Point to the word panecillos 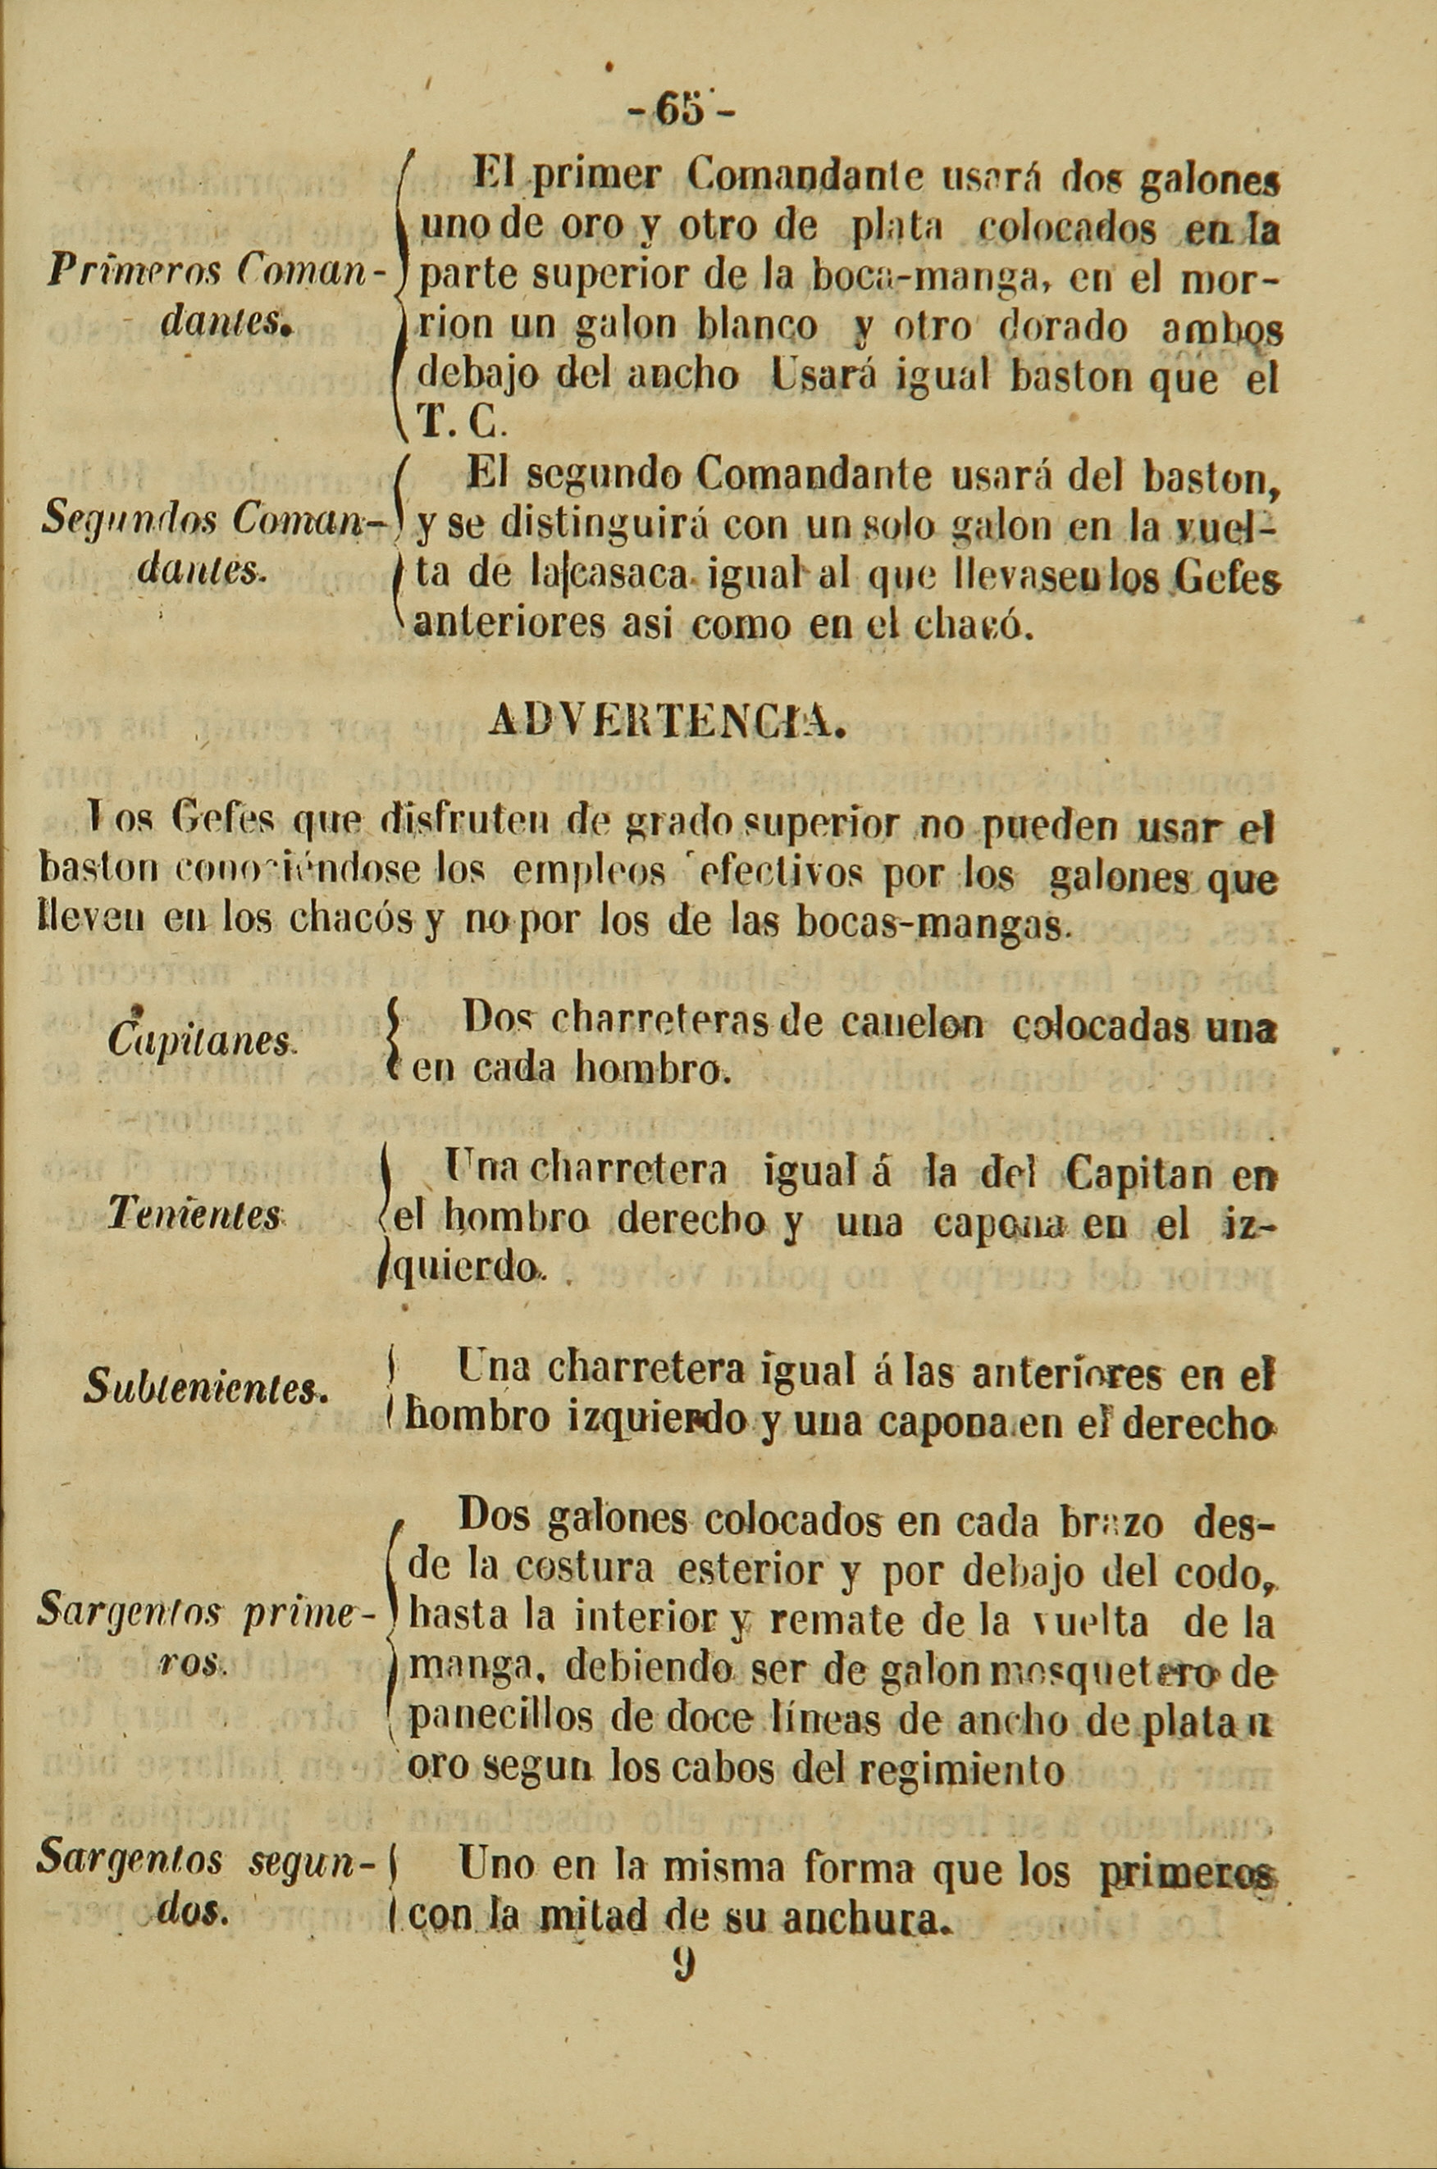coord(502,1720)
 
